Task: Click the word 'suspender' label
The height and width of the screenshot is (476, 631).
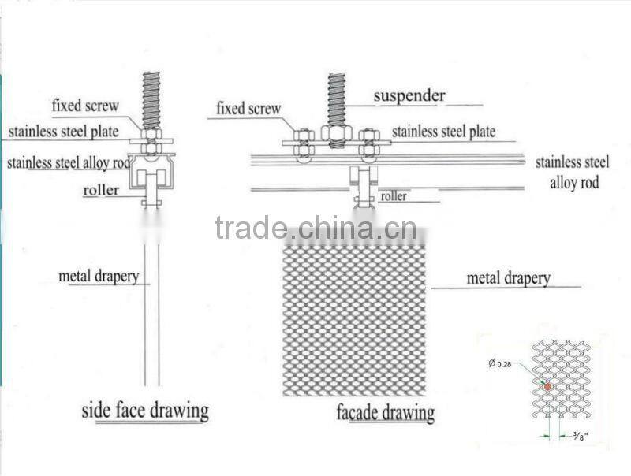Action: (x=409, y=95)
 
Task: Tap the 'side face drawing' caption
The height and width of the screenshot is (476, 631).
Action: (x=145, y=411)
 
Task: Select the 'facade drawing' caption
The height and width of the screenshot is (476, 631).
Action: (x=386, y=412)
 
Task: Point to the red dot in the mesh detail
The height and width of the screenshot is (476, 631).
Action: (x=547, y=386)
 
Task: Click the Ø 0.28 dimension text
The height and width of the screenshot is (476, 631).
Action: (x=500, y=364)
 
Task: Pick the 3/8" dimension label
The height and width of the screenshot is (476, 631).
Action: (x=581, y=435)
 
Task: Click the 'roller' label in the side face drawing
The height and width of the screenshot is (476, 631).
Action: (x=101, y=190)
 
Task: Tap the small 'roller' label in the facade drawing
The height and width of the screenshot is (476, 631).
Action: (x=393, y=196)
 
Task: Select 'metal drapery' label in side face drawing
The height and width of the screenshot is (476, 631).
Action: (x=99, y=277)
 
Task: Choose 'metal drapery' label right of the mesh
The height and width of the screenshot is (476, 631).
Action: (x=508, y=278)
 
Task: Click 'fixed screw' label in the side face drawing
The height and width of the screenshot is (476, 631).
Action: (x=85, y=106)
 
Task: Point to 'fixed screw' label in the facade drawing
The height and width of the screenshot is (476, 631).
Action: (x=248, y=109)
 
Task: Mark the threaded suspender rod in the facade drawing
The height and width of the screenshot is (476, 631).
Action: (x=337, y=100)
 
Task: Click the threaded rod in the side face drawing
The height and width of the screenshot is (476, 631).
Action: (x=151, y=101)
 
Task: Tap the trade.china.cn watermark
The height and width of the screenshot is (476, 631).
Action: (x=315, y=228)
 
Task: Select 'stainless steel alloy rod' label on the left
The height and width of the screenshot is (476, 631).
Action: (x=69, y=163)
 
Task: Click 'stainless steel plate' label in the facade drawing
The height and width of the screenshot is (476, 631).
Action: (x=443, y=132)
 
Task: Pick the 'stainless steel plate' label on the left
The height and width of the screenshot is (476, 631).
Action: (x=64, y=132)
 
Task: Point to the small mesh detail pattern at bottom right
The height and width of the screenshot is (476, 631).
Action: (x=562, y=380)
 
